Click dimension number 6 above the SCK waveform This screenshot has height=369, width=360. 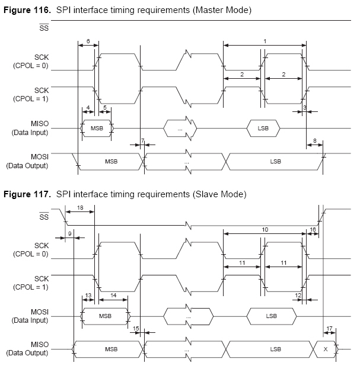[x=88, y=41]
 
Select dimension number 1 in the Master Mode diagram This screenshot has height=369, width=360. [x=265, y=40]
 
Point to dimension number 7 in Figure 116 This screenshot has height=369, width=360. [x=143, y=140]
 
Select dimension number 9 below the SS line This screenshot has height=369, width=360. [x=70, y=234]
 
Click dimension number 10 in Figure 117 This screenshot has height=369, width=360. [x=265, y=229]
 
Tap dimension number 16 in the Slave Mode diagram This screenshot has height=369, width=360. [x=313, y=229]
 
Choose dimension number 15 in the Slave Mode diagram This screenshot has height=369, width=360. [x=136, y=329]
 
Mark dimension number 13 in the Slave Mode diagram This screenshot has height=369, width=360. [x=88, y=294]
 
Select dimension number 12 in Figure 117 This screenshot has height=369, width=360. [x=298, y=294]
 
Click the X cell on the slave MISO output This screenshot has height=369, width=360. [x=325, y=349]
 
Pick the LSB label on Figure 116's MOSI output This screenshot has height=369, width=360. [x=275, y=162]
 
